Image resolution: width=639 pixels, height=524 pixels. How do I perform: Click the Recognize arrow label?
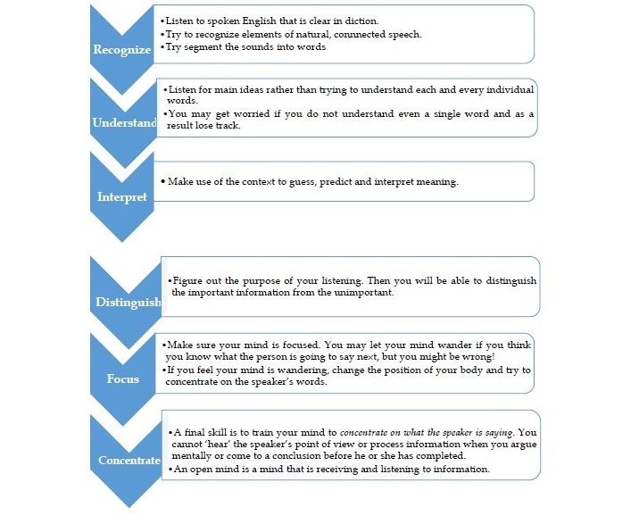tap(121, 50)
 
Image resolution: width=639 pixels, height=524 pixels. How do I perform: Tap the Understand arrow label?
tap(124, 123)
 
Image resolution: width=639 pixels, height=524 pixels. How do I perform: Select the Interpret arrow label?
tap(121, 196)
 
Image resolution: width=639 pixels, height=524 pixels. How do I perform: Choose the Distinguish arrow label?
tap(128, 303)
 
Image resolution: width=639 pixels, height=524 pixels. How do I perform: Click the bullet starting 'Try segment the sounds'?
tap(243, 46)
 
